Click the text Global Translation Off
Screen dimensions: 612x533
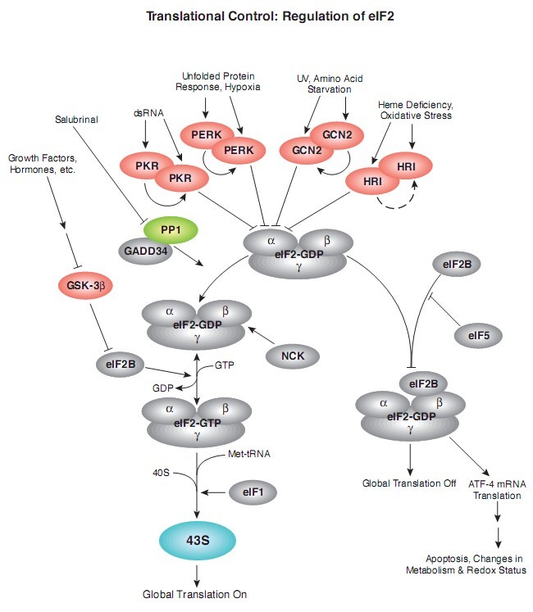tap(409, 483)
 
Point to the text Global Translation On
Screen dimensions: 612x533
tap(194, 594)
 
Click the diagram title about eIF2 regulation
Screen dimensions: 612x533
tap(266, 16)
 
